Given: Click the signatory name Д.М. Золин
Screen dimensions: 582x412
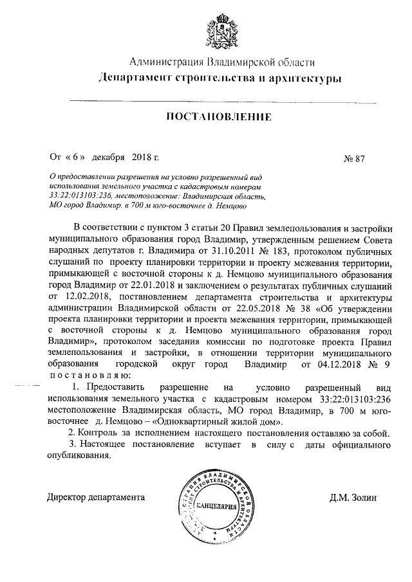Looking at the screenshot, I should (351, 496).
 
